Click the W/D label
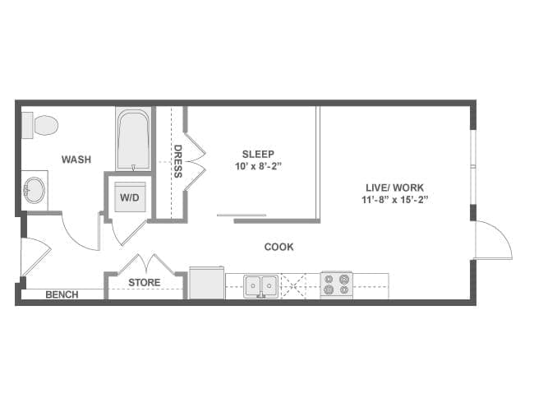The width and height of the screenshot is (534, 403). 130,197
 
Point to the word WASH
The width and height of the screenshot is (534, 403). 76,160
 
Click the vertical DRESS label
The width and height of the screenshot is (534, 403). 177,161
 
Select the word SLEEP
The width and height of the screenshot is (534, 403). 258,154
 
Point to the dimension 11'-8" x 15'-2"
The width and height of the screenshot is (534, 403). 397,200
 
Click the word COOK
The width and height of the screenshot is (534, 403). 279,247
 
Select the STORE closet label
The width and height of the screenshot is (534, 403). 145,283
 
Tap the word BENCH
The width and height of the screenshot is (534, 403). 62,294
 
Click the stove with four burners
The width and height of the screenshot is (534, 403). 336,285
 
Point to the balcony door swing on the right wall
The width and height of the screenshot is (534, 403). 491,240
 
